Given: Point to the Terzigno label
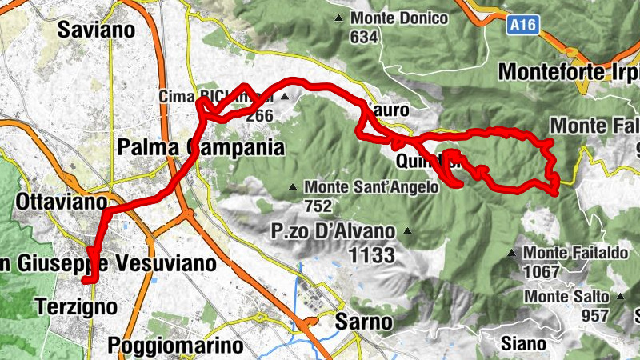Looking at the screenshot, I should coord(76,306).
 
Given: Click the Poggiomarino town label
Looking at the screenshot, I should coord(174,346).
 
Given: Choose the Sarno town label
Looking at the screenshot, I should coord(364,322).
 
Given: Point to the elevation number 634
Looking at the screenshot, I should coord(363,36).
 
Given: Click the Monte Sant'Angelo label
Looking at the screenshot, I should coord(371,188).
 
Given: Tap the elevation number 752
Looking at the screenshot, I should coord(318,206).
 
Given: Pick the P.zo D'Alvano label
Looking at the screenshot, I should coord(333,232).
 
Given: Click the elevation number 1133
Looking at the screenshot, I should coord(373,255).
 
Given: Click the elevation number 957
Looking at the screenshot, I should coord(595,316).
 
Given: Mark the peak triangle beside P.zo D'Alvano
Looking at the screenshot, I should coord(408,232).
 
